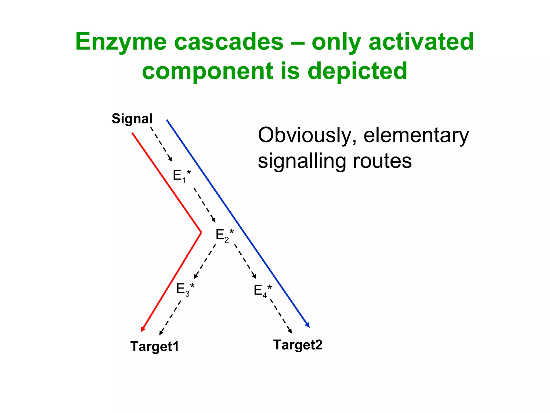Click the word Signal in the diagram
[x=132, y=119]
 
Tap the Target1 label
[x=154, y=346]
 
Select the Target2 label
[x=298, y=345]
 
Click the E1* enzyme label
[x=182, y=176]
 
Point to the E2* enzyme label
[x=225, y=235]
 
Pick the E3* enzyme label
[x=185, y=289]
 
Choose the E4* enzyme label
[x=262, y=291]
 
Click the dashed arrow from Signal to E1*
[x=161, y=144]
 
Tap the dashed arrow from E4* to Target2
[x=281, y=316]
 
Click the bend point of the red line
[x=201, y=232]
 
